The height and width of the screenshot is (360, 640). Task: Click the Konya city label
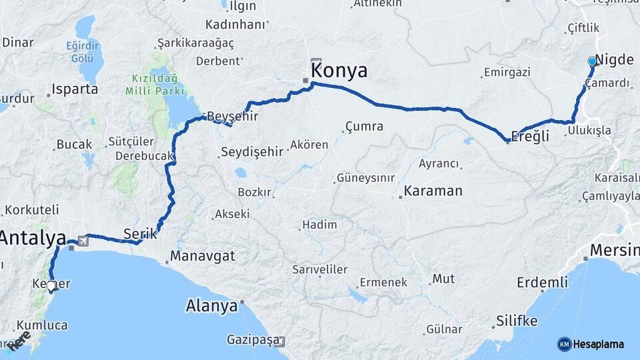[x=339, y=70]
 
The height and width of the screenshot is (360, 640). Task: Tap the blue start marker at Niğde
[x=591, y=61]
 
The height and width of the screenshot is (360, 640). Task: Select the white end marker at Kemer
[x=51, y=287]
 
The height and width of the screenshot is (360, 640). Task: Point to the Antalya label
[x=33, y=238]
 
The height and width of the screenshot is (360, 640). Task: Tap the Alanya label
[x=211, y=306]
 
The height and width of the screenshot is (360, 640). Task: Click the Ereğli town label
[x=529, y=137]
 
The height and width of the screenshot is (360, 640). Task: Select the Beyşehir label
[x=232, y=116]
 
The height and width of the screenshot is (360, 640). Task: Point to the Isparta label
[x=74, y=89]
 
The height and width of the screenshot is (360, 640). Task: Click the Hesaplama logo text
[x=599, y=344]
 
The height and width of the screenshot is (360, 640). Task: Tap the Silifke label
[x=517, y=321]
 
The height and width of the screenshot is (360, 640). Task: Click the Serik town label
[x=140, y=233]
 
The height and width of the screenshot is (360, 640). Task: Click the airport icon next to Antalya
[x=82, y=240]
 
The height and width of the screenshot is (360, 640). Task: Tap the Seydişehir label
[x=251, y=152]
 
